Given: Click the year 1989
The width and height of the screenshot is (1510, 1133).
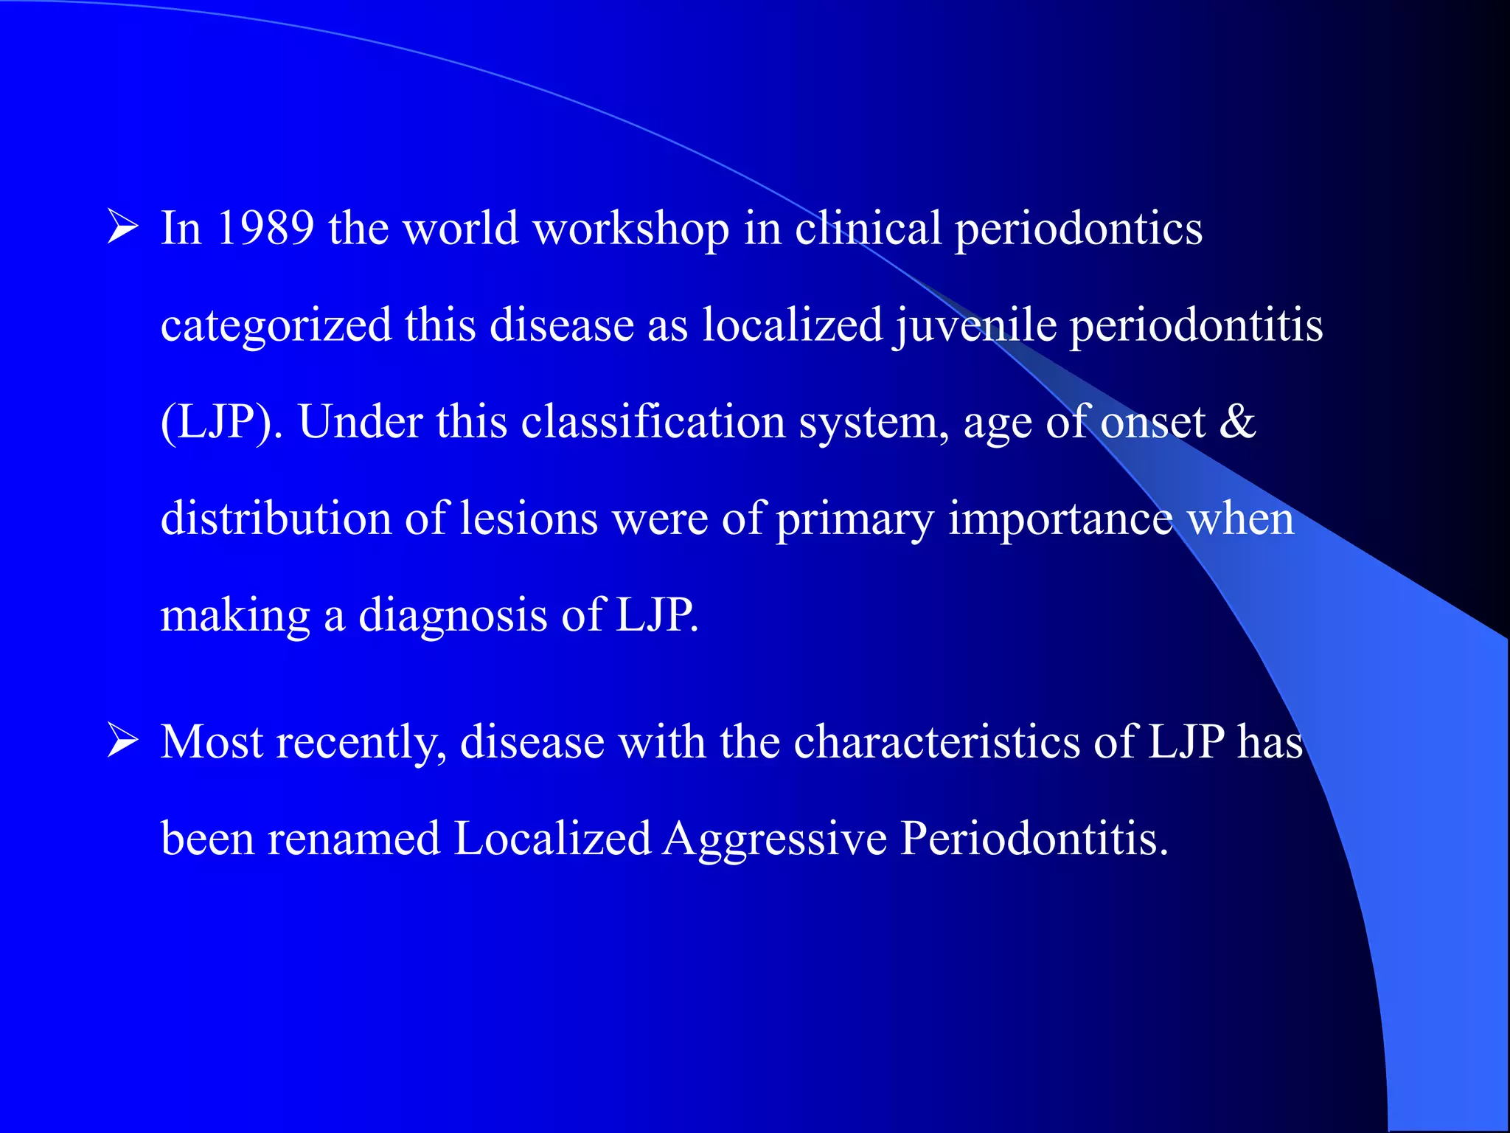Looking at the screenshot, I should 265,228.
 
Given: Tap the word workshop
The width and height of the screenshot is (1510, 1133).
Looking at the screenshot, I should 631,229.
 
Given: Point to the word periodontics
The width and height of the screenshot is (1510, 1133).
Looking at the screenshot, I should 1079,229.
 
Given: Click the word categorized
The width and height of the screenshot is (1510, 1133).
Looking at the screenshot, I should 276,326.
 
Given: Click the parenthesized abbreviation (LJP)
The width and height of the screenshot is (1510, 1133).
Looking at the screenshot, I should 221,423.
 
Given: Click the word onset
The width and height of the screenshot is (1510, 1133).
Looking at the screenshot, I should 1153,423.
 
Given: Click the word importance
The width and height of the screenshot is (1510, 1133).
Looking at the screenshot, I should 1060,520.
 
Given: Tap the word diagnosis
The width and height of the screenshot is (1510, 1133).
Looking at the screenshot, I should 453,617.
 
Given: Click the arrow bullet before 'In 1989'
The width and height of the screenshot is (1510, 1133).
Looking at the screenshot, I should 122,226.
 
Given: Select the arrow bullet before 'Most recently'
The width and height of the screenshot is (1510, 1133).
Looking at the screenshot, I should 122,740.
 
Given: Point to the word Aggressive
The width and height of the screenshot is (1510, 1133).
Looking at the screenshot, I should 775,840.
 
